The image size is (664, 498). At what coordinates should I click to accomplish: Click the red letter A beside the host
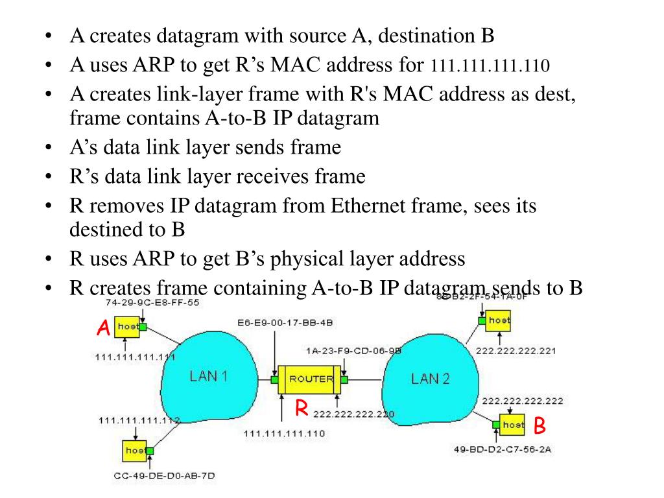point(102,329)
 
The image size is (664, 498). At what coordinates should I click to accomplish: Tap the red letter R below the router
point(301,408)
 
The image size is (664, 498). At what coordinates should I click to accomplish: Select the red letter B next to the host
point(539,426)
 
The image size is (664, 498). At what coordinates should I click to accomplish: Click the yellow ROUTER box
point(311,379)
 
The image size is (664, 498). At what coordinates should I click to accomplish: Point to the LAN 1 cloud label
point(207,376)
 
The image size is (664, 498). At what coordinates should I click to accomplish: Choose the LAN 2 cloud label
point(430,379)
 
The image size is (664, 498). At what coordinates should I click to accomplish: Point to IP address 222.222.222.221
point(516,351)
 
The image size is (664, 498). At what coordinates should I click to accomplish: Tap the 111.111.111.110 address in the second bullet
point(490,65)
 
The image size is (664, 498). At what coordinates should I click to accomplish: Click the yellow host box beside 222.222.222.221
point(497,320)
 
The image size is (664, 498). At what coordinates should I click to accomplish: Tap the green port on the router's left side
point(275,379)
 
